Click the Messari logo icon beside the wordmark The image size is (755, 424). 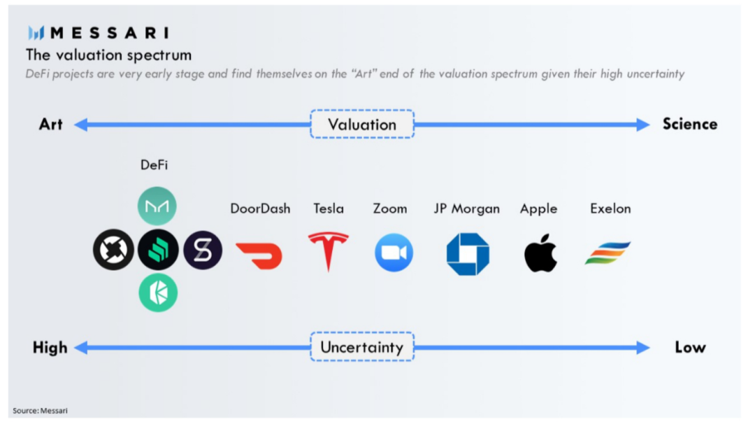pos(36,33)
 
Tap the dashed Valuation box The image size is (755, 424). pos(362,125)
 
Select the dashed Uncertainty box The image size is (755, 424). pos(362,347)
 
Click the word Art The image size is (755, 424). pos(50,125)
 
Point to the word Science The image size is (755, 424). pos(690,125)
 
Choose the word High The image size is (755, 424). pos(50,348)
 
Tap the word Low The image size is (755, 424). pos(690,348)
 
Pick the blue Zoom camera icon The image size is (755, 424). pos(394,253)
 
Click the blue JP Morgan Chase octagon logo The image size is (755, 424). pos(468,254)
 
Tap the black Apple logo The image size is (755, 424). pos(540,253)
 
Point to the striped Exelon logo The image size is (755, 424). pos(607,253)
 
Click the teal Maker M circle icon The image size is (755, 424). pos(157,206)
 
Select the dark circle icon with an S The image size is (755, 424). pos(203,250)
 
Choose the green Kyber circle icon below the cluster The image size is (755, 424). pos(158,292)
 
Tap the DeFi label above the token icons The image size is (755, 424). pos(154,165)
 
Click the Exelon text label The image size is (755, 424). pos(610,209)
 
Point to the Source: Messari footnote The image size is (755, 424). pos(40,411)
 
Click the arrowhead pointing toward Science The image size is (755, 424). pos(643,125)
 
